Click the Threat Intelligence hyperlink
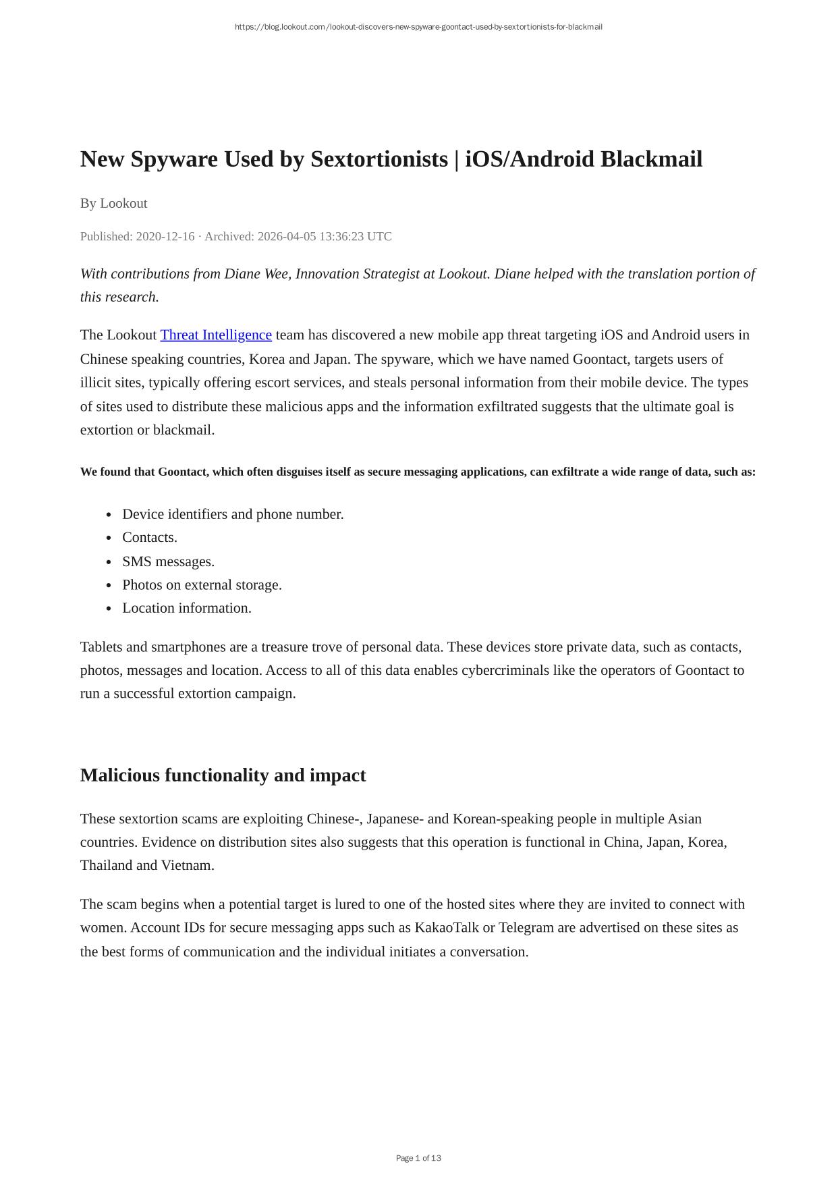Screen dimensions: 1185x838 (216, 335)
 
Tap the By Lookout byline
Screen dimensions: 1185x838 (113, 203)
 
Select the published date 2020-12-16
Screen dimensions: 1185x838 (165, 237)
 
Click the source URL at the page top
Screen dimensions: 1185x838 (418, 27)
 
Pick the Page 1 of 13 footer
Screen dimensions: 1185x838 (418, 1158)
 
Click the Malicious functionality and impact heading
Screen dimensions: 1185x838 (223, 775)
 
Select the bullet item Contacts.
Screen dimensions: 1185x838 (149, 538)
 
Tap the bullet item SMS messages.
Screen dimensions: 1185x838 (168, 561)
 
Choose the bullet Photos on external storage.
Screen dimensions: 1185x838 (202, 585)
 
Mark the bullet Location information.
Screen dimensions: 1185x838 (186, 608)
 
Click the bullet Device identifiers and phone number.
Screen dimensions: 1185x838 (233, 514)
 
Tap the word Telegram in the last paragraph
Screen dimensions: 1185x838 (526, 928)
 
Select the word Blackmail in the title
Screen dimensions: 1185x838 (651, 160)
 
